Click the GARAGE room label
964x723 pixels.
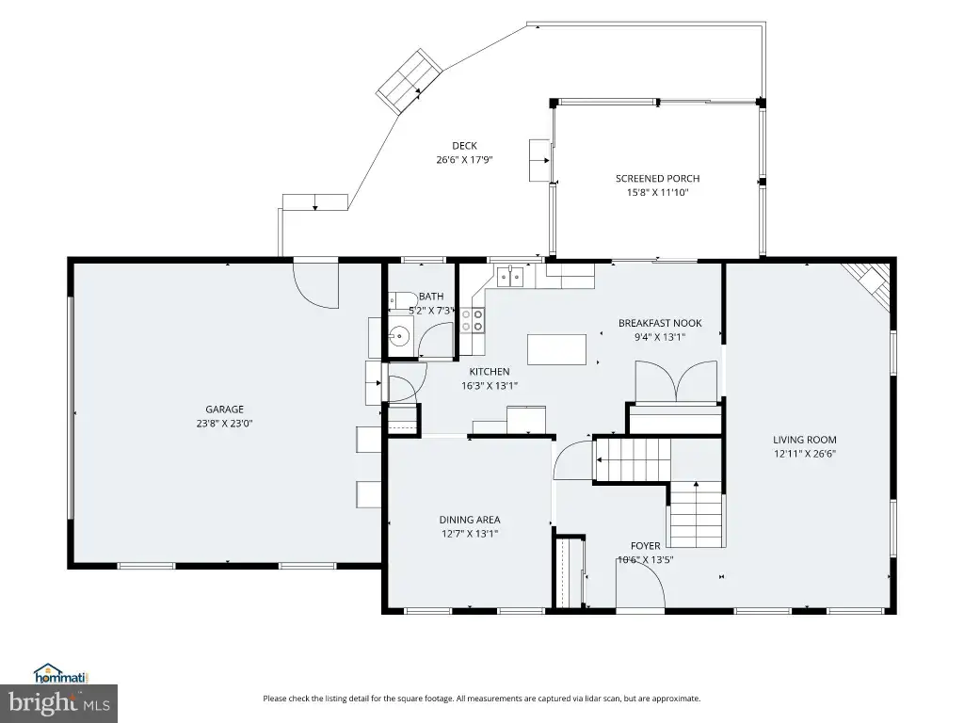(224, 410)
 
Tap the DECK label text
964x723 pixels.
(465, 146)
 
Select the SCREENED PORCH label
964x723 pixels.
(658, 178)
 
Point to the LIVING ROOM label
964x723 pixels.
(805, 440)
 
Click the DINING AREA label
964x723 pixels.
(470, 520)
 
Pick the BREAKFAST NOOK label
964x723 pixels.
(660, 323)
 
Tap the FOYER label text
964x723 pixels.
(646, 546)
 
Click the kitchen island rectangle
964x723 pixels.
(557, 349)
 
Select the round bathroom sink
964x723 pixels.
(399, 336)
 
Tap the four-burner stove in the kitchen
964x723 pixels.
(473, 320)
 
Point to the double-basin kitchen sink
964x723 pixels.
(509, 277)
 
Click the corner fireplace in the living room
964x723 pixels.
(869, 282)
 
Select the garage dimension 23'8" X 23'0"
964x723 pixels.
(224, 423)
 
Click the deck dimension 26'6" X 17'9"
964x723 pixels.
(465, 160)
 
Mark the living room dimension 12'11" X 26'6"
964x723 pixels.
(805, 454)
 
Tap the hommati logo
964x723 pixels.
(61, 674)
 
